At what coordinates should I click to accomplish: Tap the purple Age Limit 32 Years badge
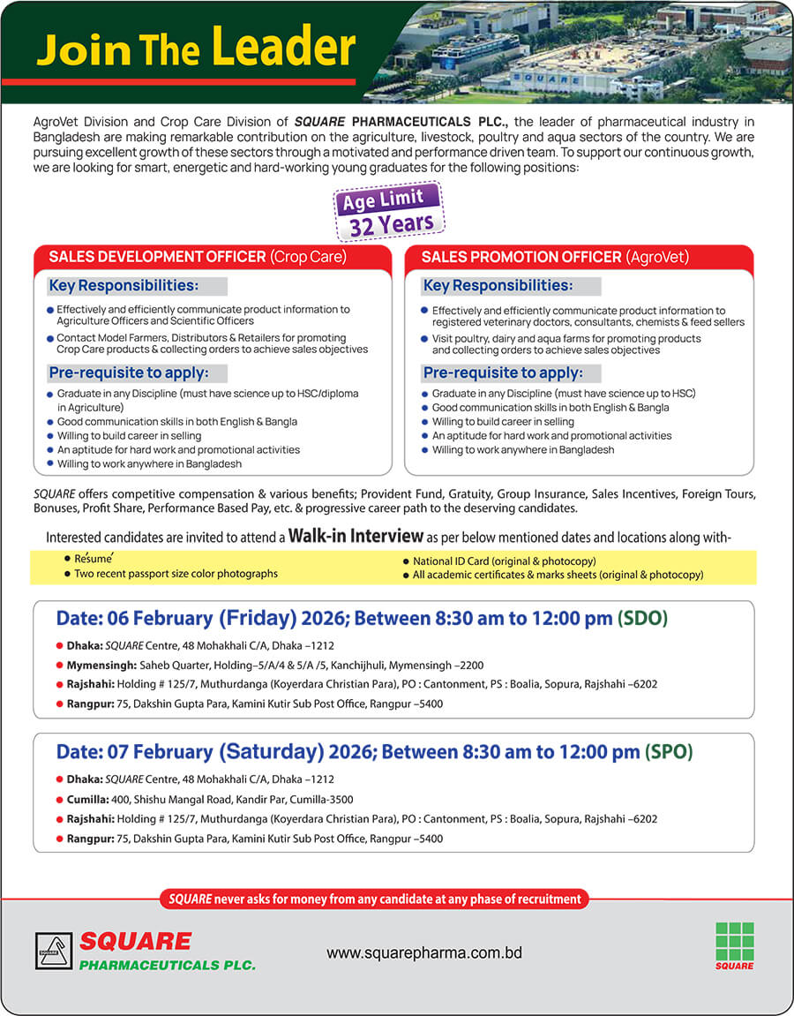pyautogui.click(x=388, y=212)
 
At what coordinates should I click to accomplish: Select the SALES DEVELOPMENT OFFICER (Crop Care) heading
pyautogui.click(x=198, y=257)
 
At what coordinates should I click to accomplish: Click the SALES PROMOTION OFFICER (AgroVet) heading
pyautogui.click(x=555, y=257)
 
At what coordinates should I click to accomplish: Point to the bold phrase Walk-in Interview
pyautogui.click(x=356, y=536)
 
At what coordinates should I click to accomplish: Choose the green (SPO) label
pyautogui.click(x=669, y=752)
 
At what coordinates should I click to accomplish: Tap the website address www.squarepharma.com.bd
pyautogui.click(x=424, y=953)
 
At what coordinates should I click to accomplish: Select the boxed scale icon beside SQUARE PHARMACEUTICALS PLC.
pyautogui.click(x=54, y=951)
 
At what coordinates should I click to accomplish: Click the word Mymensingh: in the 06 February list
pyautogui.click(x=99, y=665)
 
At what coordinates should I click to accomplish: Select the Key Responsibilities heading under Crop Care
pyautogui.click(x=124, y=286)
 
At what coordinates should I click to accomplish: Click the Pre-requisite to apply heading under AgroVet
pyautogui.click(x=503, y=373)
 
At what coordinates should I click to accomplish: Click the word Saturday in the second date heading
pyautogui.click(x=272, y=752)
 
